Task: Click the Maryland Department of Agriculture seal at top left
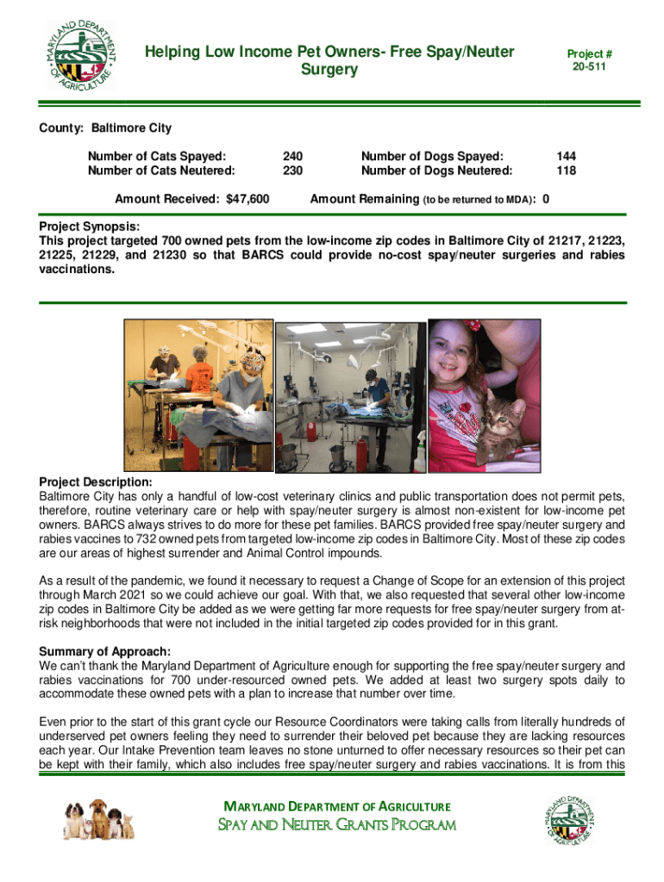tap(80, 54)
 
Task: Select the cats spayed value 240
tap(292, 156)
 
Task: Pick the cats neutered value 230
tap(292, 171)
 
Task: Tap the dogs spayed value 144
tap(566, 156)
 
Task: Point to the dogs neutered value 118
tap(566, 171)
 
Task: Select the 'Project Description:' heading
tap(96, 481)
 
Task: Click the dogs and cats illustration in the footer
tap(98, 817)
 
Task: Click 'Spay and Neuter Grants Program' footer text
tap(335, 826)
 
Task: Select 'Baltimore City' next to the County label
tap(132, 128)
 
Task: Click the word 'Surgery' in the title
tap(329, 69)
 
